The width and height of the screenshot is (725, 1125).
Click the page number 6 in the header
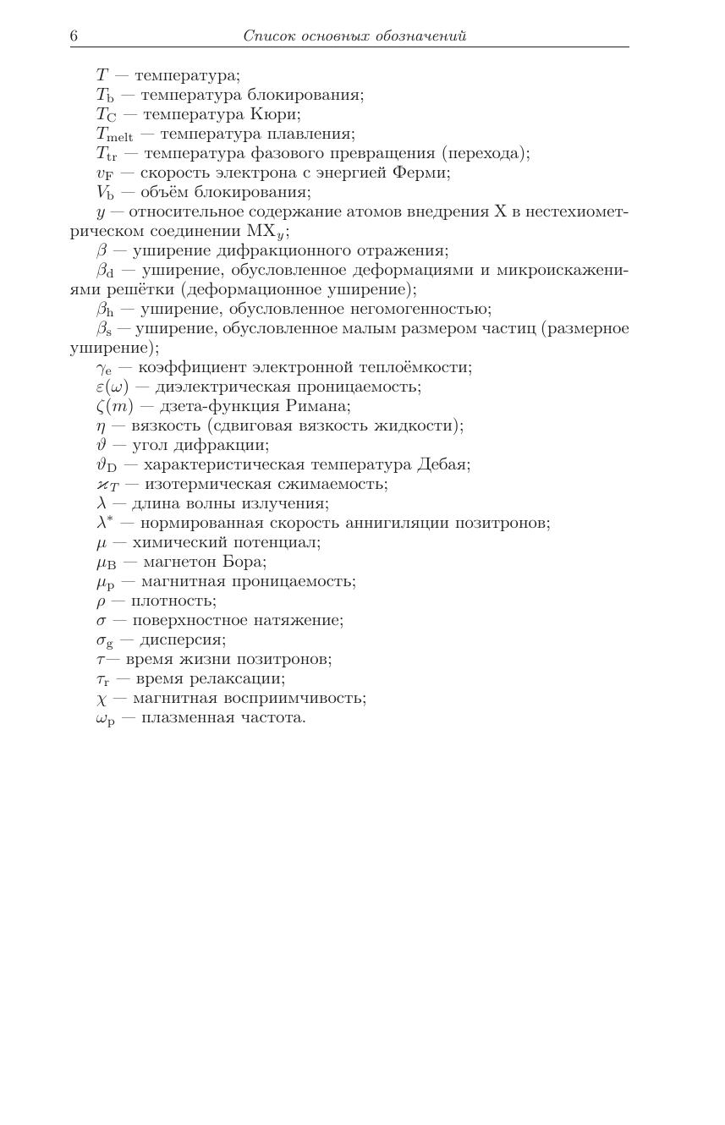click(74, 36)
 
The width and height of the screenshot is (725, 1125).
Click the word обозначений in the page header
click(420, 36)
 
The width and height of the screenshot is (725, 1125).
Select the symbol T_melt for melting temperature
click(114, 134)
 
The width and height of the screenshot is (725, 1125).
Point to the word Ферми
click(421, 173)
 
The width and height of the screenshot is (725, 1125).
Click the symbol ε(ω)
click(113, 387)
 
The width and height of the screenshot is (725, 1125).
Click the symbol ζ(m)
click(114, 407)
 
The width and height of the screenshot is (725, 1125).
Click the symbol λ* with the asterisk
click(104, 523)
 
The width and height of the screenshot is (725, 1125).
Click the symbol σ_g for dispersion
click(105, 640)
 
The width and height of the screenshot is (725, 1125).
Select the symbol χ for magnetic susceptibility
click(101, 699)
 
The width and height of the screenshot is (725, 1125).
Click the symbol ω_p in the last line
click(105, 718)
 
